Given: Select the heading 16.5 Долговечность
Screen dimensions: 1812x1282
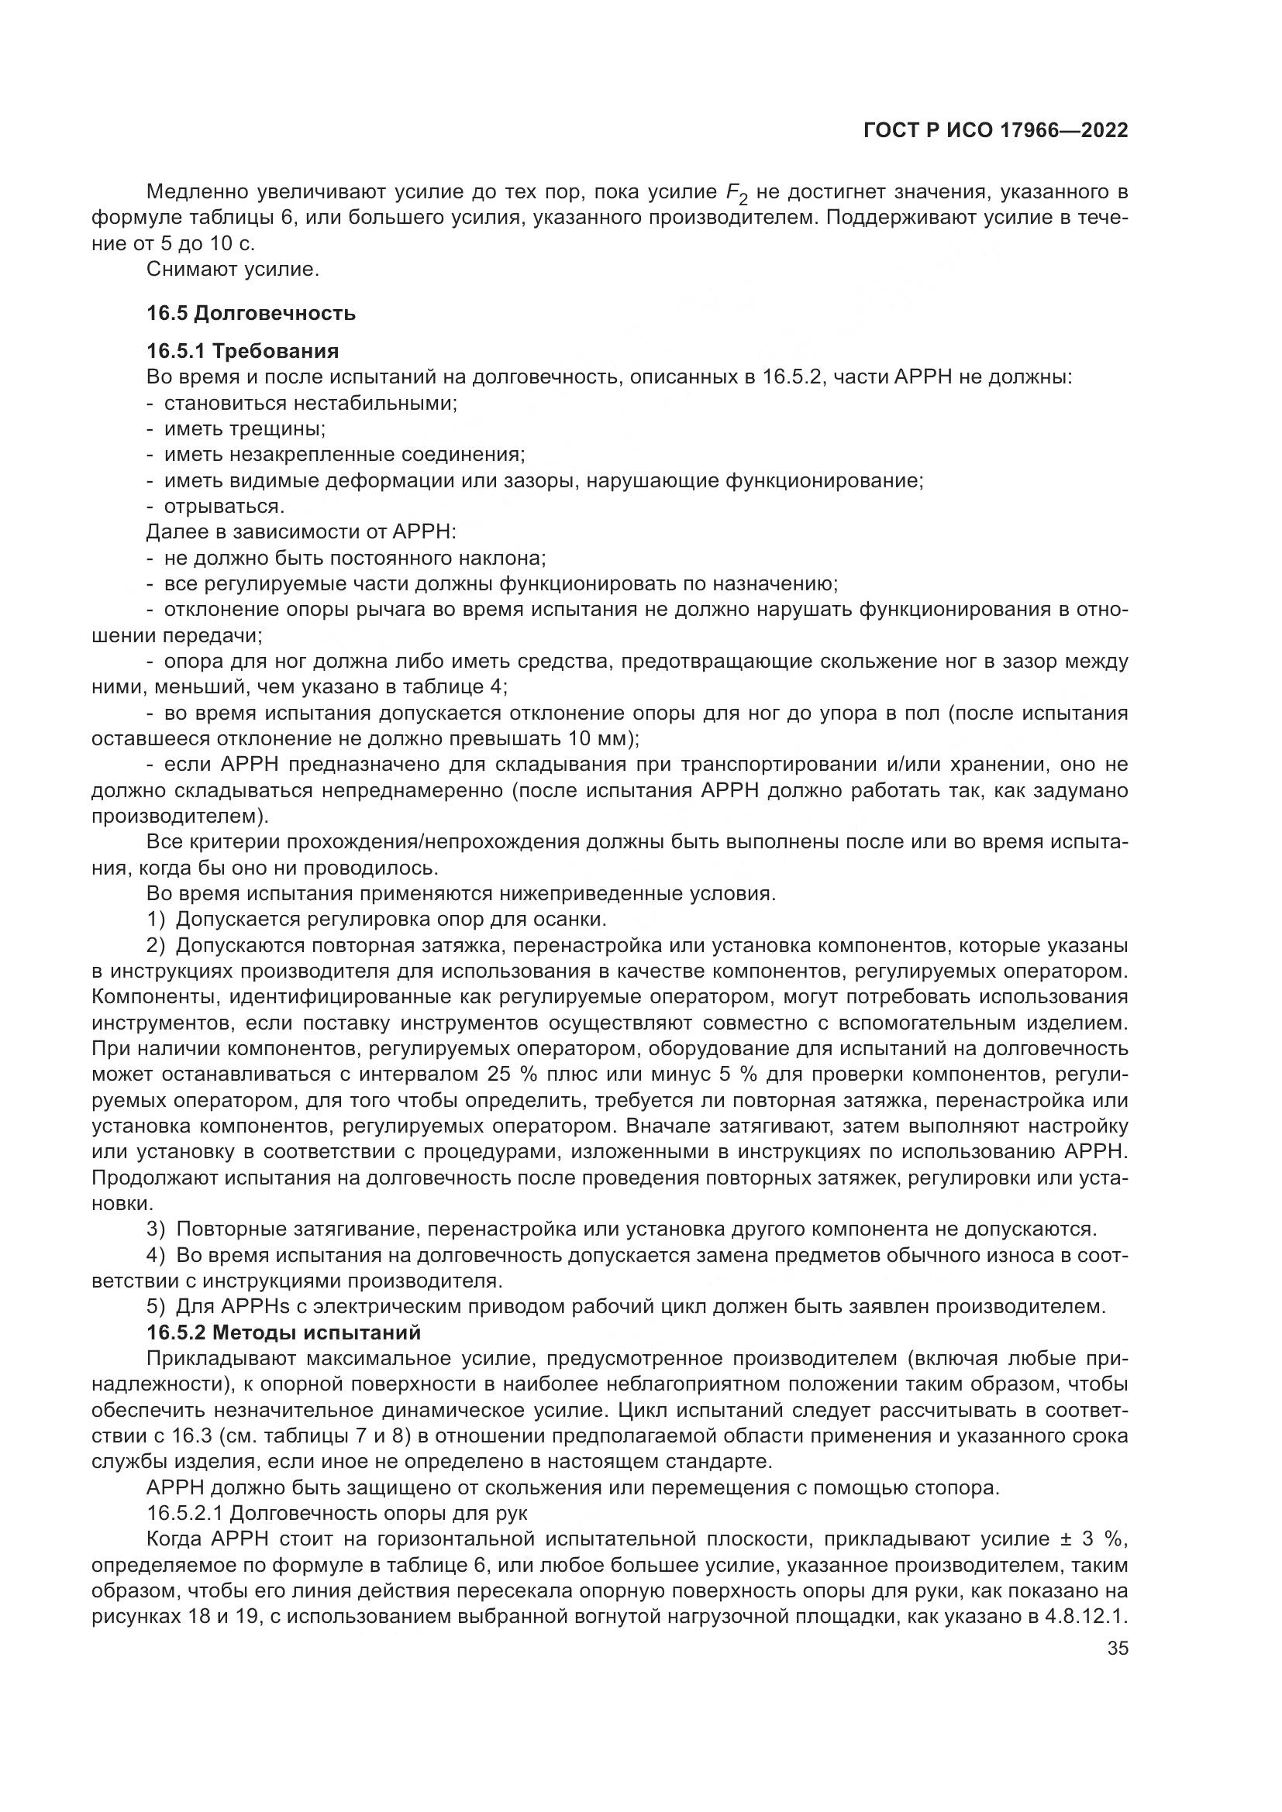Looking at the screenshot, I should tap(251, 313).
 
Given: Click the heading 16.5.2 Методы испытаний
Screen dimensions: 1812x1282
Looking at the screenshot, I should tap(284, 1333).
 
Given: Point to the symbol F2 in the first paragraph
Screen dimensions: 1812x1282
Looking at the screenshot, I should tap(736, 194).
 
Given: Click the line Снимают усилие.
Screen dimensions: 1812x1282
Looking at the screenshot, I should tap(233, 270).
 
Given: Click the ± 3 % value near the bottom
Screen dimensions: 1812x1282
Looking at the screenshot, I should tap(1094, 1540).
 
